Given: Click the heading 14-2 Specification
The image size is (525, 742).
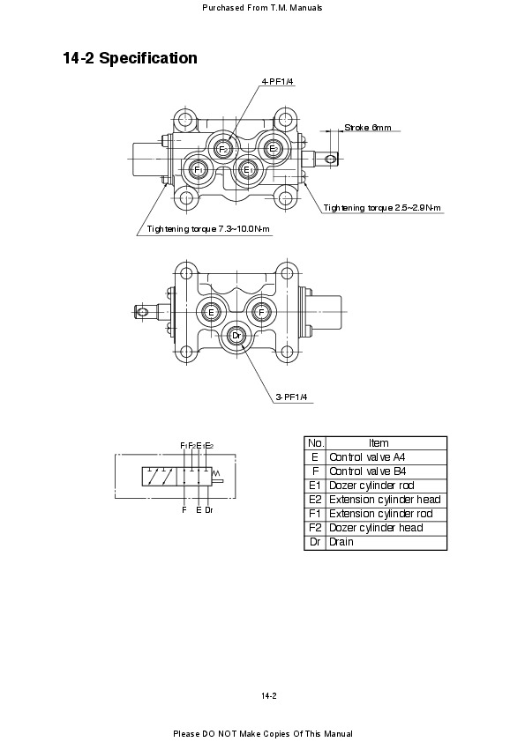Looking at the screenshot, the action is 131,58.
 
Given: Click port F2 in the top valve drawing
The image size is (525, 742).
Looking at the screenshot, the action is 223,149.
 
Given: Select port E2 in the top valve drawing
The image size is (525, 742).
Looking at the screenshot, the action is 273,149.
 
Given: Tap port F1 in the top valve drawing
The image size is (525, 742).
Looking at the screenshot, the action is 198,169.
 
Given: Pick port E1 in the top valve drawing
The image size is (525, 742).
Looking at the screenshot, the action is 247,169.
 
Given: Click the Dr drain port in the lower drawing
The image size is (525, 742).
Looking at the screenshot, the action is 236,336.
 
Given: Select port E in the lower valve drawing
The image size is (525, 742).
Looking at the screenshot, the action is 212,312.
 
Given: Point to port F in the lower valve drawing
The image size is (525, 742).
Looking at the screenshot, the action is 261,312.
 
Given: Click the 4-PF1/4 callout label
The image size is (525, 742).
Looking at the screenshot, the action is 278,81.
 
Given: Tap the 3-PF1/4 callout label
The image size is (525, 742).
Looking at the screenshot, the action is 291,397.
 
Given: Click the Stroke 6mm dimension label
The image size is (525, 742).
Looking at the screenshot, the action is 368,127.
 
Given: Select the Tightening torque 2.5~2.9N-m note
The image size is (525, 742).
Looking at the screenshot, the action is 382,208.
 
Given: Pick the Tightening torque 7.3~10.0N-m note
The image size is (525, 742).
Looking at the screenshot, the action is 208,229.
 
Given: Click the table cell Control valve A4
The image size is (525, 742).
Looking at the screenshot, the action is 367,457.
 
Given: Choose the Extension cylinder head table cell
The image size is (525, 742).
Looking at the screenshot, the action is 385,500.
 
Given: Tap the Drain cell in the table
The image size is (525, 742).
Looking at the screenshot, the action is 341,542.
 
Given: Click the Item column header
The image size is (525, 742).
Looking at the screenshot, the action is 379,443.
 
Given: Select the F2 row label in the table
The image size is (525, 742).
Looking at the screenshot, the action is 315,528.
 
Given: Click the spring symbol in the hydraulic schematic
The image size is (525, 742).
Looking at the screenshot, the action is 217,472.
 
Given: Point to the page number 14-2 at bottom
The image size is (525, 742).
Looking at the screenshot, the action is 268,696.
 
